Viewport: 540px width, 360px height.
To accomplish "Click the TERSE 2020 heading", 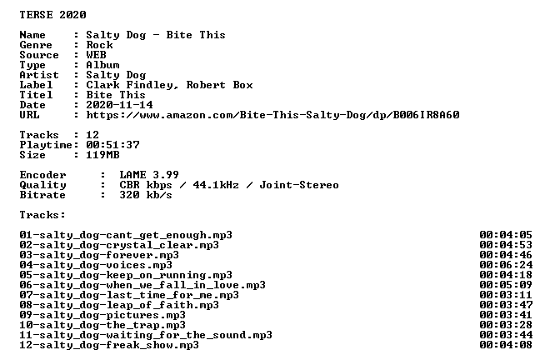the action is click(52, 15).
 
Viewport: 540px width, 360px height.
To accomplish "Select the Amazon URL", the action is click(272, 115).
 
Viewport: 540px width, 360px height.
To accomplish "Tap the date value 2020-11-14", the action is click(119, 105).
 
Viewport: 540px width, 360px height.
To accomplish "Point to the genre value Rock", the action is click(99, 45).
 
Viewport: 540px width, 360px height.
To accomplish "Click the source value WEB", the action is click(96, 55).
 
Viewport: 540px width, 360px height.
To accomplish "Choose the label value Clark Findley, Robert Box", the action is click(169, 85).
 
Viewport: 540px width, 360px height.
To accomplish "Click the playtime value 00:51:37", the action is click(113, 145).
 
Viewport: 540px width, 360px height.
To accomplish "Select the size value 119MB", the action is click(102, 155).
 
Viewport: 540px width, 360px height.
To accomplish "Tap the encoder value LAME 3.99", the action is click(149, 175).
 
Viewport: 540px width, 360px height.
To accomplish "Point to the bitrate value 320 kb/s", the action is click(146, 195).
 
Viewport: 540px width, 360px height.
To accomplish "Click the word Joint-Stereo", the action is click(299, 185).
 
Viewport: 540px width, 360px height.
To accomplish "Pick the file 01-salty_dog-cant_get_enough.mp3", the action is click(126, 235).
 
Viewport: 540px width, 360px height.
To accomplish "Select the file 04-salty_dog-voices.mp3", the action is click(96, 265).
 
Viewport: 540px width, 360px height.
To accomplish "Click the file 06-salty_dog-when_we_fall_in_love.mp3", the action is click(142, 285).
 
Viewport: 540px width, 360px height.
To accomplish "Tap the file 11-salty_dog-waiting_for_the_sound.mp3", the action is click(146, 335).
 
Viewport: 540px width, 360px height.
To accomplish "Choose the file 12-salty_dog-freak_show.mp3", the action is click(109, 345).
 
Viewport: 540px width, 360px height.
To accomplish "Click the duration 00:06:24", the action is click(506, 265).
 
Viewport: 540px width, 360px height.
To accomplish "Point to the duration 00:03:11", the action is click(506, 295).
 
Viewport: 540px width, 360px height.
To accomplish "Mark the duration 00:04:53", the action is click(506, 245).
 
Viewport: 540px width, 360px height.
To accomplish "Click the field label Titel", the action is click(36, 95).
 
